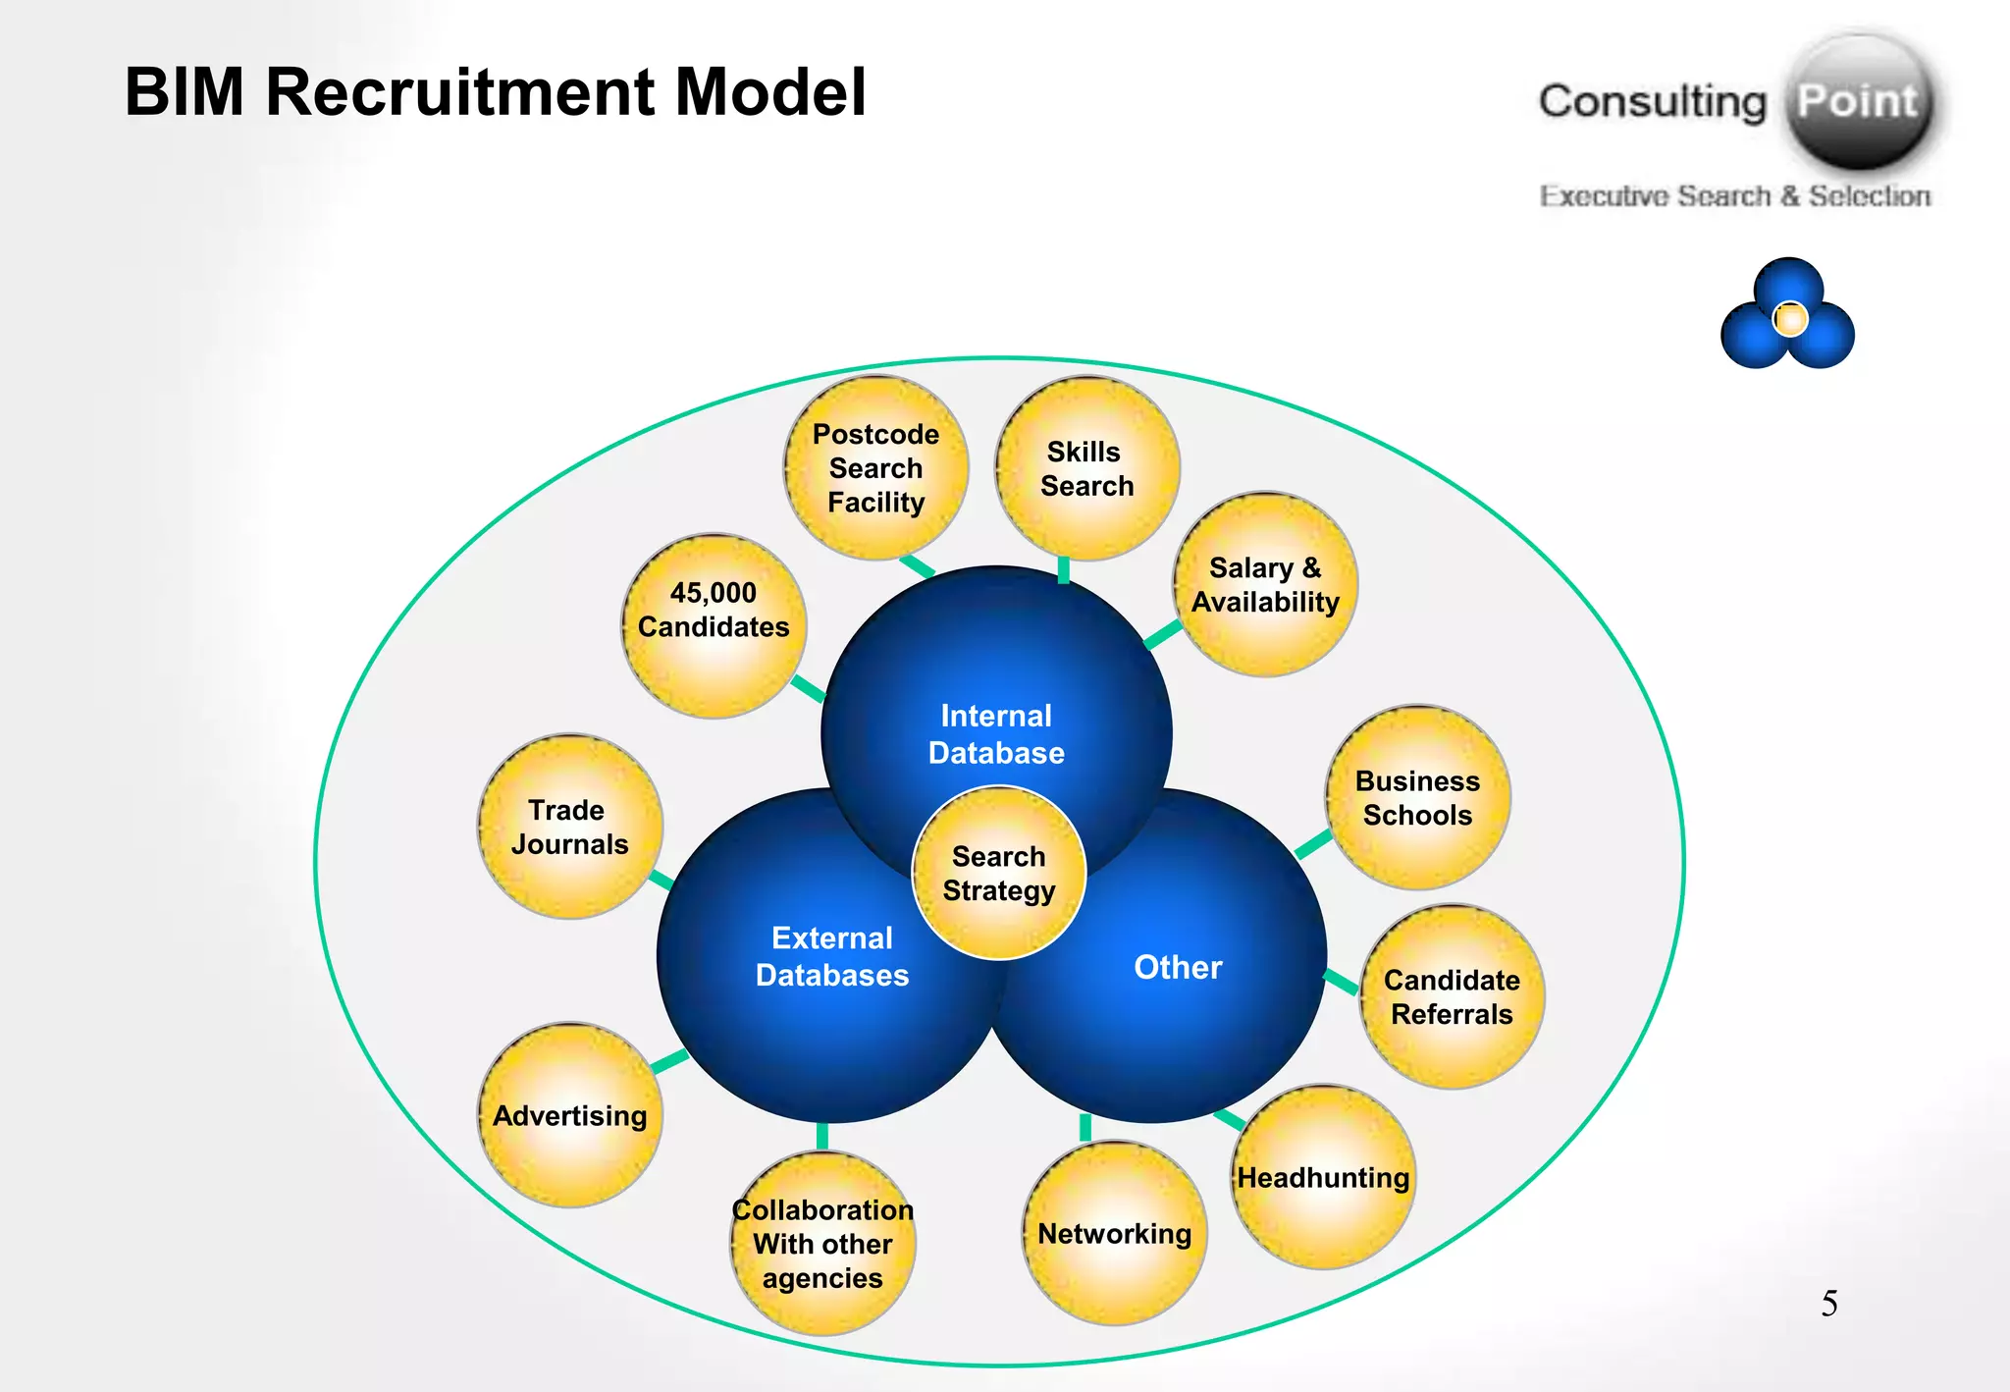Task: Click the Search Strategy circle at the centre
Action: (x=999, y=873)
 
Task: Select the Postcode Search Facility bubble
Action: (x=875, y=468)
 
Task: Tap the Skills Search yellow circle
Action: (x=1086, y=469)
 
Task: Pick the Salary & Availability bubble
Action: (x=1265, y=585)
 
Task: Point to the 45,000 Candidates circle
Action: (x=714, y=626)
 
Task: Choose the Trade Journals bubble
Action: (x=569, y=827)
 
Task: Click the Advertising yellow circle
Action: (x=569, y=1115)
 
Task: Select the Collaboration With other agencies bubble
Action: (x=822, y=1244)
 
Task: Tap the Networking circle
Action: (x=1114, y=1233)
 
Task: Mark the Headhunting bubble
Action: (x=1323, y=1177)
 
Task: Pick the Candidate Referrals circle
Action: (x=1452, y=996)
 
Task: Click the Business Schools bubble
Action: (x=1417, y=797)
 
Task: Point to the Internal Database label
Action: (x=996, y=734)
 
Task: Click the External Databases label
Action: (x=832, y=956)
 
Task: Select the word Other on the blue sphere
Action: (x=1178, y=967)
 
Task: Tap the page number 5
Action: (x=1829, y=1304)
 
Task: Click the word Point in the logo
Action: (x=1857, y=101)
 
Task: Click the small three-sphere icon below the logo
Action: (x=1787, y=315)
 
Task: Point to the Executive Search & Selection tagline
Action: (x=1734, y=196)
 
